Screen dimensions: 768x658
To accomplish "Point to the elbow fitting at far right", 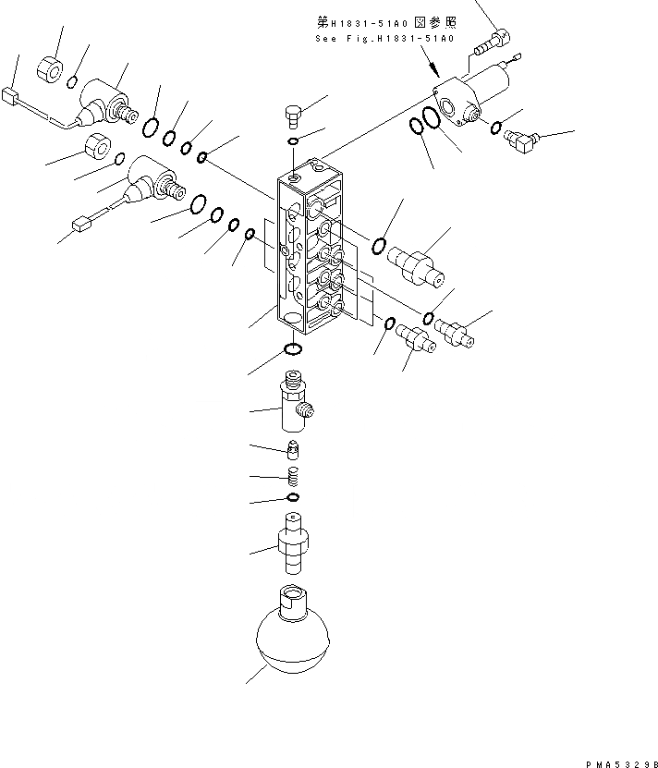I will coord(521,139).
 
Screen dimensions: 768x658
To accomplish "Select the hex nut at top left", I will coord(51,68).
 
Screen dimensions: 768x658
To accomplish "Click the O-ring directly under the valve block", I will coord(292,349).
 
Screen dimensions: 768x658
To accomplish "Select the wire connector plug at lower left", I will coord(79,222).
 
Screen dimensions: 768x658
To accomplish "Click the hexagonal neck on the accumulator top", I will coord(291,598).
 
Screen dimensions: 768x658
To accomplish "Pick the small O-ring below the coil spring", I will coord(292,499).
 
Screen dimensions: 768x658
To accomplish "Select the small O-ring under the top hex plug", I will coord(293,141).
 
